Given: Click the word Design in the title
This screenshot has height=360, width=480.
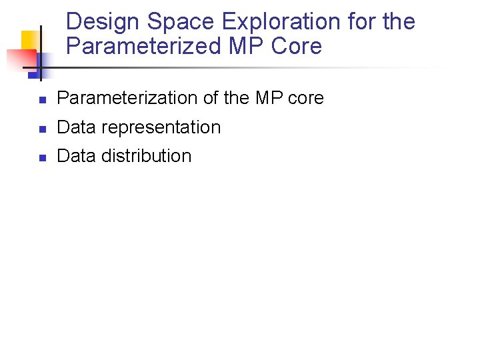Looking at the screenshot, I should coord(103,22).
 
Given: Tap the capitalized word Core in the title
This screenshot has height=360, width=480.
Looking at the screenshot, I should coord(295,47).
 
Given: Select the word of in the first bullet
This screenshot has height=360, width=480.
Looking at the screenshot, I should coord(211,98).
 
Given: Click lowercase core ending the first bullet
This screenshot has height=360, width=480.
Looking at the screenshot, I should coord(306,98).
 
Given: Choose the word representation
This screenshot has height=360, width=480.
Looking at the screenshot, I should coord(161,127).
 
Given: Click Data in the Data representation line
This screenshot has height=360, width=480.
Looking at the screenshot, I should coord(76,127).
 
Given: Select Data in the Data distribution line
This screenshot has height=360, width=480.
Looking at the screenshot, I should coord(76,156).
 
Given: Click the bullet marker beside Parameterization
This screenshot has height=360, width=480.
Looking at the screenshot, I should coord(41,101).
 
